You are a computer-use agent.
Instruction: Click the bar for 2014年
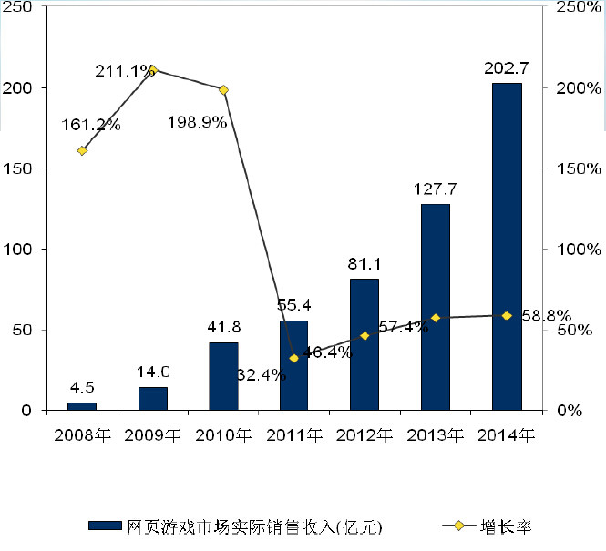pyautogui.click(x=507, y=246)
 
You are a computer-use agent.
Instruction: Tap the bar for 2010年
pyautogui.click(x=223, y=376)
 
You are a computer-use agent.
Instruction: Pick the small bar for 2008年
pyautogui.click(x=82, y=406)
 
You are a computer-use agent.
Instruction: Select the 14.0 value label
pyautogui.click(x=153, y=372)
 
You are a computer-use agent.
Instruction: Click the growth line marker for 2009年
pyautogui.click(x=152, y=69)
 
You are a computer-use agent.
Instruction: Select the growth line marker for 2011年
pyautogui.click(x=293, y=358)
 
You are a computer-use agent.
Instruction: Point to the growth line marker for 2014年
pyautogui.click(x=507, y=315)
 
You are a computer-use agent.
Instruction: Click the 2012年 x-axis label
pyautogui.click(x=365, y=434)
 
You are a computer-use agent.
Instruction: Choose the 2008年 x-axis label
pyautogui.click(x=82, y=434)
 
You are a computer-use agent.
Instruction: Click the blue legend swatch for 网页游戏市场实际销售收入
pyautogui.click(x=105, y=525)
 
